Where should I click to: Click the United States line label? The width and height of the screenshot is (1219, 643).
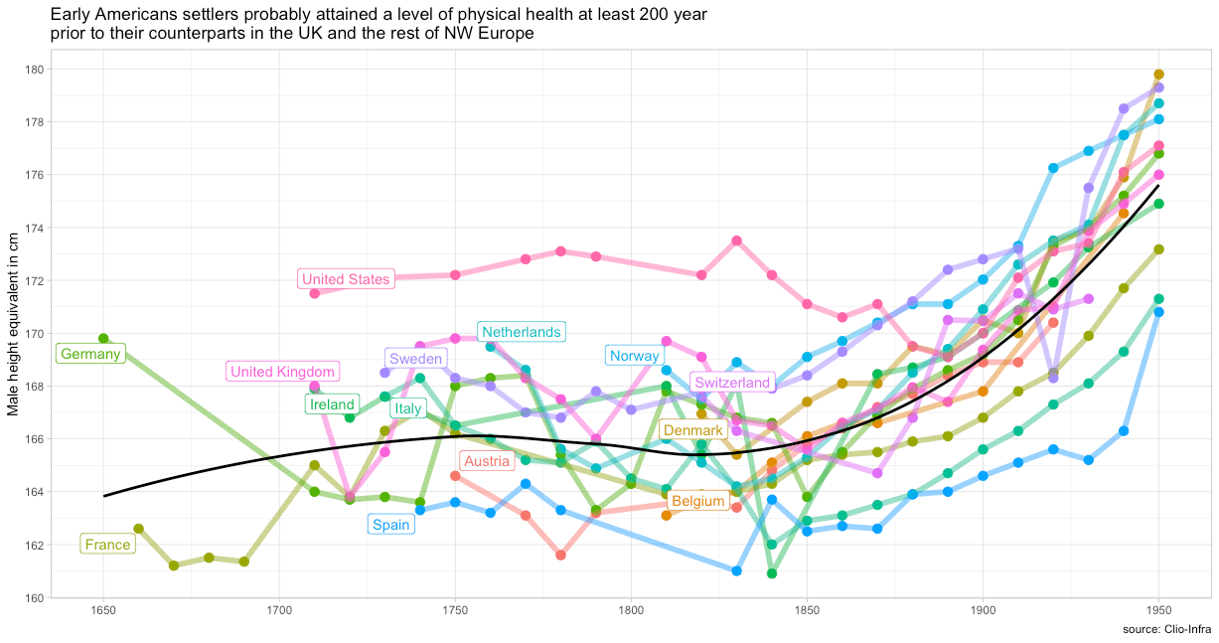346,279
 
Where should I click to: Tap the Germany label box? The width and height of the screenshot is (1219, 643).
89,354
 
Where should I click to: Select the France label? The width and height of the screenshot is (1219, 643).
107,545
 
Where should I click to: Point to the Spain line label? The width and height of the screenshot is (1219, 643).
390,525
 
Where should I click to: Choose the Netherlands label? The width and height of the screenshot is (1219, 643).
521,332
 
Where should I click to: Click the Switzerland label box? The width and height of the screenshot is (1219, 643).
732,383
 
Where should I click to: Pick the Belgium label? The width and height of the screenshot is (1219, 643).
697,502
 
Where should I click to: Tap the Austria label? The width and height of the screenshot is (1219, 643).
487,461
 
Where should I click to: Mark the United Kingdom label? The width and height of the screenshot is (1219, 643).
283,372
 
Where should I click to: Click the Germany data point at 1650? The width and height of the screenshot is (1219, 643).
103,339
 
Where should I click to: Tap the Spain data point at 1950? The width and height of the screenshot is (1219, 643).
1158,312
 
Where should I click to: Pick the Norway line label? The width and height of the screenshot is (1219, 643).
634,356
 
